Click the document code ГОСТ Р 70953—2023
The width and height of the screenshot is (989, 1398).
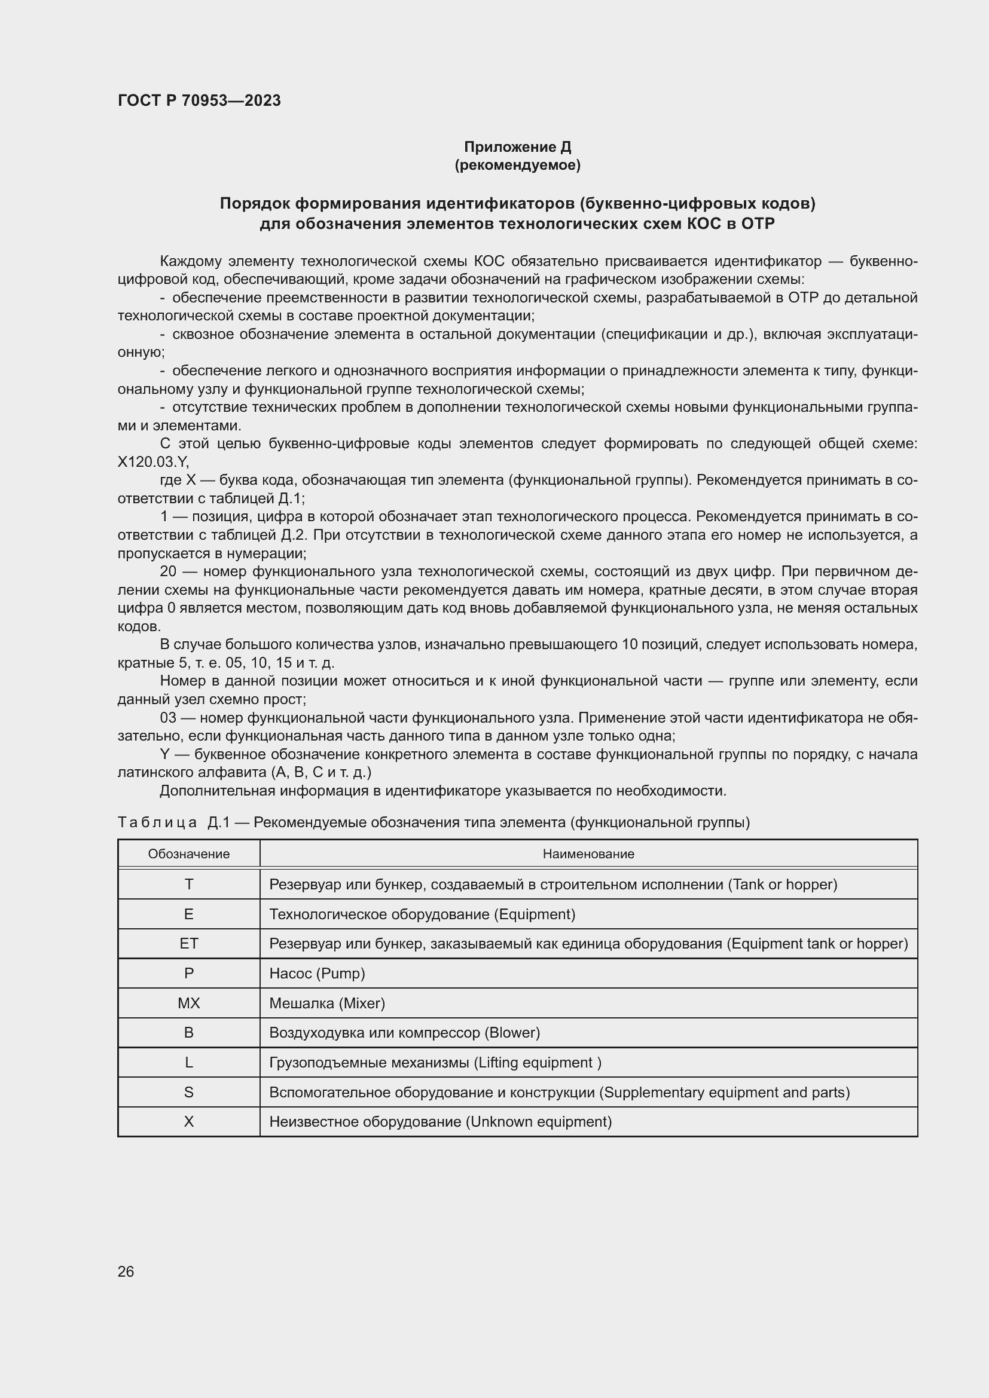pos(199,100)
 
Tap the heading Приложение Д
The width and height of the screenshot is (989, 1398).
pos(517,147)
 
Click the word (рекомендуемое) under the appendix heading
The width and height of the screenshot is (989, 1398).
pos(517,165)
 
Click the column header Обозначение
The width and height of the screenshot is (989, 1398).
pos(189,854)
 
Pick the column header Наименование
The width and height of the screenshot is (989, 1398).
pos(588,854)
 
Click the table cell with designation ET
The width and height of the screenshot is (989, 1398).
pos(189,943)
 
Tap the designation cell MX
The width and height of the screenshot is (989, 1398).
pos(189,1003)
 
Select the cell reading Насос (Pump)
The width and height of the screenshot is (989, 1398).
pos(317,973)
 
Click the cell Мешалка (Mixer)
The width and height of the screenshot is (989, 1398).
pos(327,1003)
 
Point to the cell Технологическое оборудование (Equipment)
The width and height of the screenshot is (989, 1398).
pos(422,914)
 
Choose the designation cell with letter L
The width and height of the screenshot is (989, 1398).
pos(189,1063)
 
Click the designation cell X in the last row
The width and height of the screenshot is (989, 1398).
pos(189,1121)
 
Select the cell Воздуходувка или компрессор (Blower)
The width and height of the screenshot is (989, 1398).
pos(404,1033)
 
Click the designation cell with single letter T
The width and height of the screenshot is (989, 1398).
pos(189,884)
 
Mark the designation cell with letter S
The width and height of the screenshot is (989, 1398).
pos(189,1093)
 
